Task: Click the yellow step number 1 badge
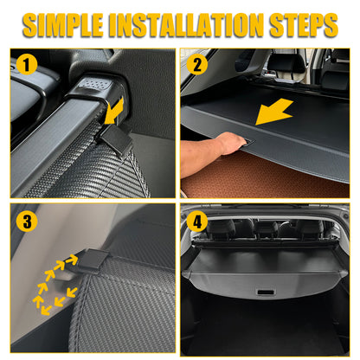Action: [27, 64]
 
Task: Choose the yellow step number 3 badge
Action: [28, 221]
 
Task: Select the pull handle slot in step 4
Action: [267, 292]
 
